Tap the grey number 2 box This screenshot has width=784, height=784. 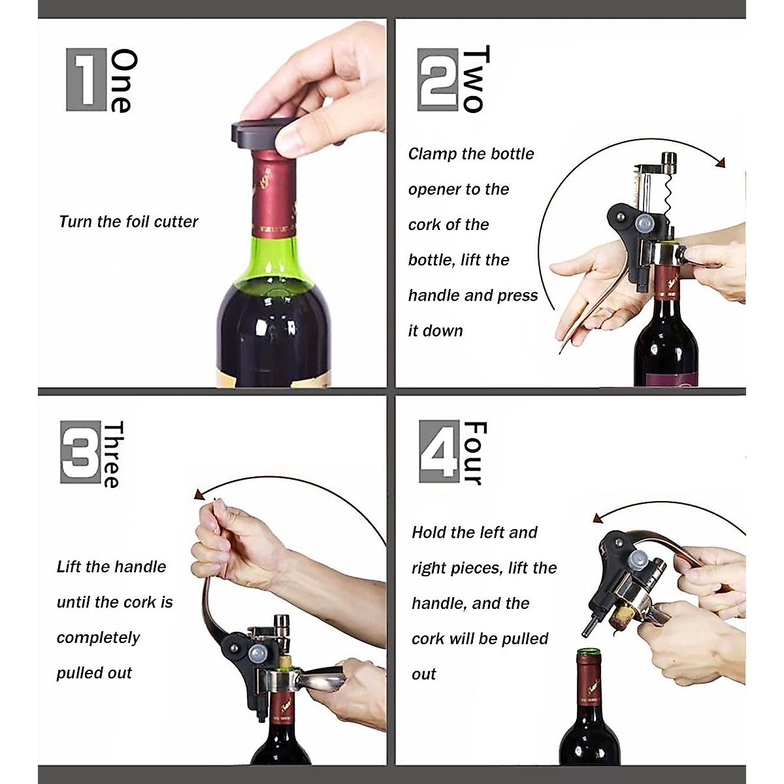pyautogui.click(x=438, y=79)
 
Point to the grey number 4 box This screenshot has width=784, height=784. pyautogui.click(x=439, y=451)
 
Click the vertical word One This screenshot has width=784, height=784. pyautogui.click(x=123, y=80)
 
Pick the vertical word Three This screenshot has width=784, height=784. pyautogui.click(x=112, y=454)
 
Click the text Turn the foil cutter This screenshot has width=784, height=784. pyautogui.click(x=128, y=222)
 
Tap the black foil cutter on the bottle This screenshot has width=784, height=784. pyautogui.click(x=255, y=135)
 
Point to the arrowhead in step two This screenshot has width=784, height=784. pyautogui.click(x=720, y=162)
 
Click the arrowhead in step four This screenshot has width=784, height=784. pyautogui.click(x=597, y=519)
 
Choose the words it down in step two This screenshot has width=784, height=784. pyautogui.click(x=435, y=331)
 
